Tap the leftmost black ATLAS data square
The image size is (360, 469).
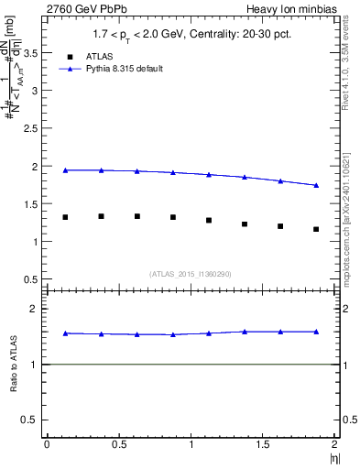click(65, 217)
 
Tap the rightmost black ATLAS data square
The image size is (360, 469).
click(316, 229)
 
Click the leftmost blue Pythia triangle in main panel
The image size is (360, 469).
click(65, 170)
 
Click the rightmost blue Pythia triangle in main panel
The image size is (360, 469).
click(316, 185)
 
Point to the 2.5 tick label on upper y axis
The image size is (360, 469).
click(32, 129)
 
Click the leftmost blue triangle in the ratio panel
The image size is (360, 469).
click(65, 333)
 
